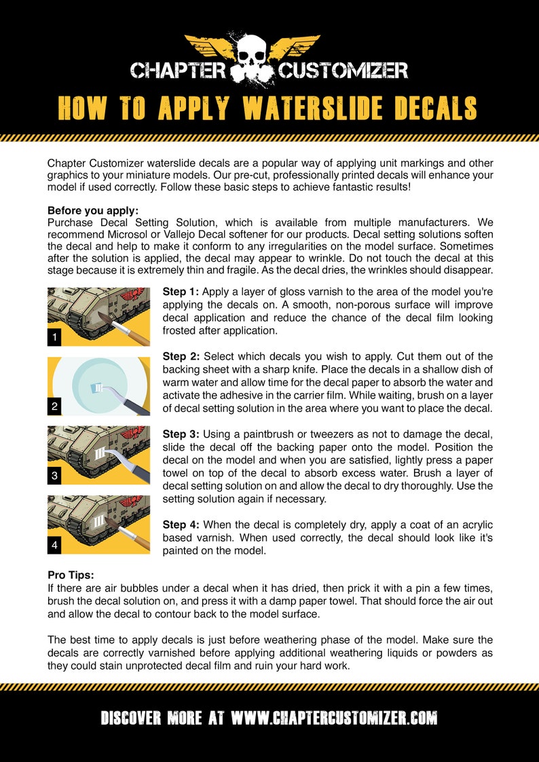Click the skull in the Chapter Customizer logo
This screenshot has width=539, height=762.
tap(253, 62)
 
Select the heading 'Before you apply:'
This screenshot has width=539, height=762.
tap(93, 210)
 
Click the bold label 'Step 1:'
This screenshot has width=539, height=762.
tap(181, 292)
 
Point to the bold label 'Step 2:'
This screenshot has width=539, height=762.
tap(181, 356)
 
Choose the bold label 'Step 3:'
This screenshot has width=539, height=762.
tap(181, 434)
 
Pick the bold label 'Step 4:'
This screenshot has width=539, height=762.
tap(181, 525)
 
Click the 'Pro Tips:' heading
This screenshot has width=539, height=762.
tap(71, 575)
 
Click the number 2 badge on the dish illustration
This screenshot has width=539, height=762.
tap(54, 407)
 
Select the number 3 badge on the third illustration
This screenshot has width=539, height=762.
tap(54, 476)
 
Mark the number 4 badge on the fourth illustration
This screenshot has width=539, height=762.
tap(54, 546)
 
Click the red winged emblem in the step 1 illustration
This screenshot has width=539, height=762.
tap(137, 294)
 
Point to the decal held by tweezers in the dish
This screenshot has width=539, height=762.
tap(97, 388)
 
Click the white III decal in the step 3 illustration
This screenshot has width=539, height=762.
tap(101, 455)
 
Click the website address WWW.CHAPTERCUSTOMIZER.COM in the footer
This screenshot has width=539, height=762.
tap(334, 718)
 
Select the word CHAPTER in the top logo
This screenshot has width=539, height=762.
tap(179, 71)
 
